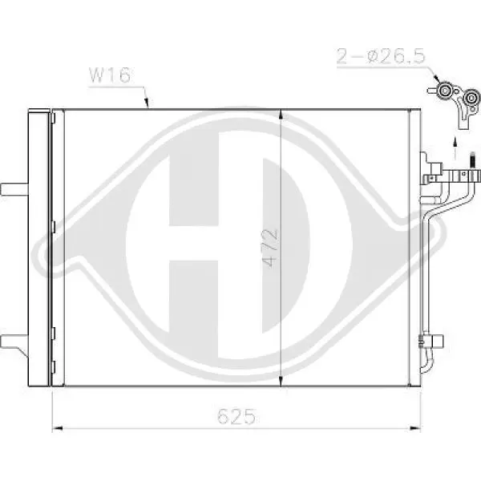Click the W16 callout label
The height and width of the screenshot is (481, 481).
point(110,75)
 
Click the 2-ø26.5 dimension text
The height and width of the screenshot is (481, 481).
point(381,56)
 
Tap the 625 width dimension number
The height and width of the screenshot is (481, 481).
point(236,416)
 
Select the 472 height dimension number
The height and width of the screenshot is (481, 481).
point(270,248)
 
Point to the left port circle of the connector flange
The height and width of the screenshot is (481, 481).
point(443,91)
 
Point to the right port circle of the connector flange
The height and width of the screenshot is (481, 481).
point(471,98)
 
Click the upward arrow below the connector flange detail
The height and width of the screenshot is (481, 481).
point(455,148)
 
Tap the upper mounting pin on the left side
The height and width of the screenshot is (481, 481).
point(14,189)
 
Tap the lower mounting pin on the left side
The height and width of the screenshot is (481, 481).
point(14,342)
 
